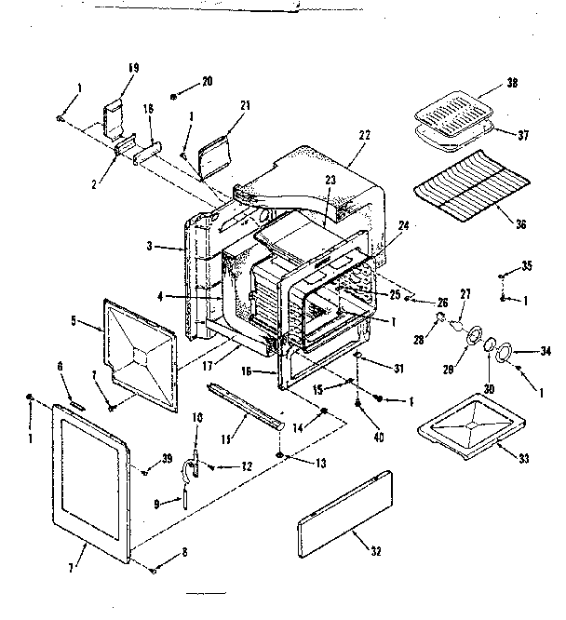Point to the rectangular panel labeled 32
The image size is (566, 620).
click(x=345, y=512)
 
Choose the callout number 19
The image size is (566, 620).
click(x=133, y=67)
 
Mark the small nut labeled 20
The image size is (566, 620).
click(x=175, y=96)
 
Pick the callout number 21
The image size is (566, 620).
click(x=245, y=106)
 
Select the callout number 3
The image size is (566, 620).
click(x=151, y=247)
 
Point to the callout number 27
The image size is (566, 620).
click(x=465, y=294)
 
